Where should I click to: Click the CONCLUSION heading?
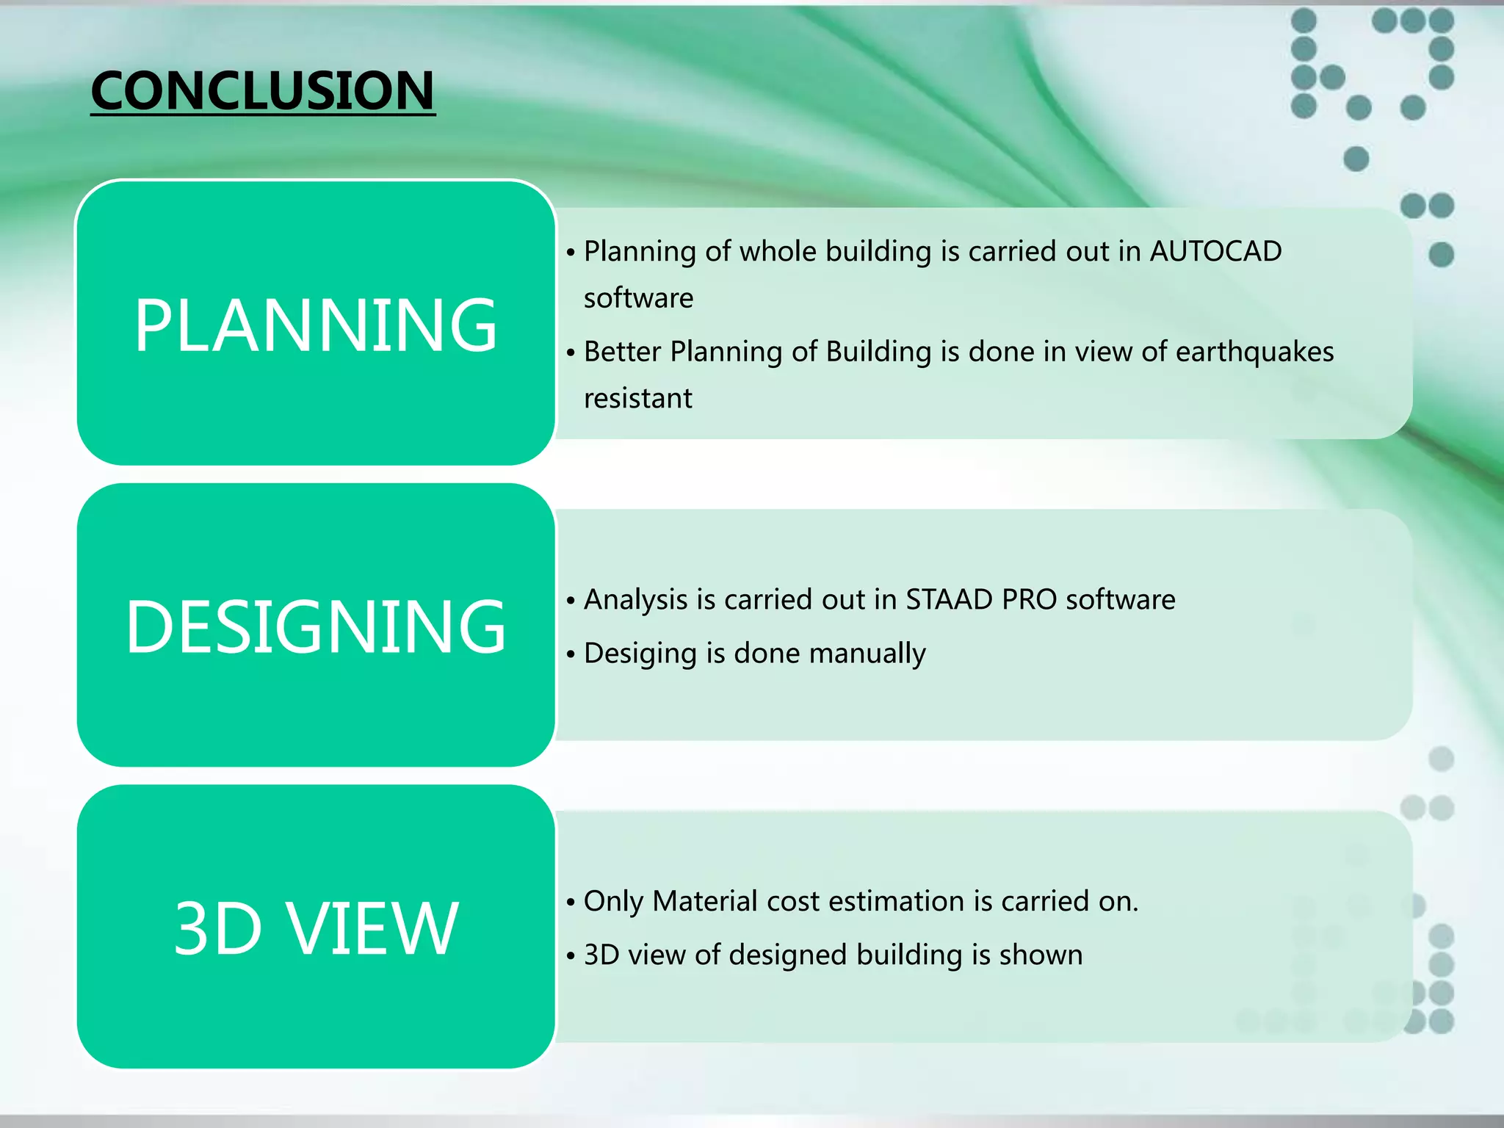(262, 91)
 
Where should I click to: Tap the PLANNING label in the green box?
(316, 325)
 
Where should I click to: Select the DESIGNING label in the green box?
(316, 626)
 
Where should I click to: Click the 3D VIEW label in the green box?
(316, 928)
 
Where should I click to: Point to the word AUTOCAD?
(1215, 251)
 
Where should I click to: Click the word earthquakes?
(1254, 352)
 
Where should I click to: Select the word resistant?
(637, 399)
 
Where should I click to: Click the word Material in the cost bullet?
(704, 901)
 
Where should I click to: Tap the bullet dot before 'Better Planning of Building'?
(571, 353)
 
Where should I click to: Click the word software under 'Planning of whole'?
(638, 298)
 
